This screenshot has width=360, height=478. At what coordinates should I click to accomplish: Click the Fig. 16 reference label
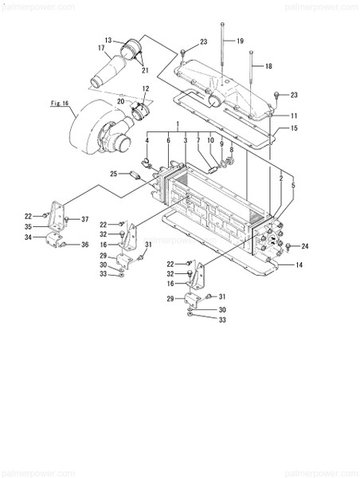(x=61, y=103)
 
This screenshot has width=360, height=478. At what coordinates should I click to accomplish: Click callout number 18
(x=268, y=67)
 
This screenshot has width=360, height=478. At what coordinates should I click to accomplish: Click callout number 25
(x=113, y=173)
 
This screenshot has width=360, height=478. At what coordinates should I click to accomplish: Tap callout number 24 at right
(x=304, y=246)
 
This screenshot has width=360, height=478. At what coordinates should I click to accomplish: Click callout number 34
(x=27, y=237)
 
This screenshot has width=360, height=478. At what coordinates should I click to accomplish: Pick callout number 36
(x=84, y=245)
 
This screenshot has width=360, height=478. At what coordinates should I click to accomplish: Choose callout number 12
(x=146, y=88)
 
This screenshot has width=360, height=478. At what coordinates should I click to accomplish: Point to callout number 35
(x=27, y=226)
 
